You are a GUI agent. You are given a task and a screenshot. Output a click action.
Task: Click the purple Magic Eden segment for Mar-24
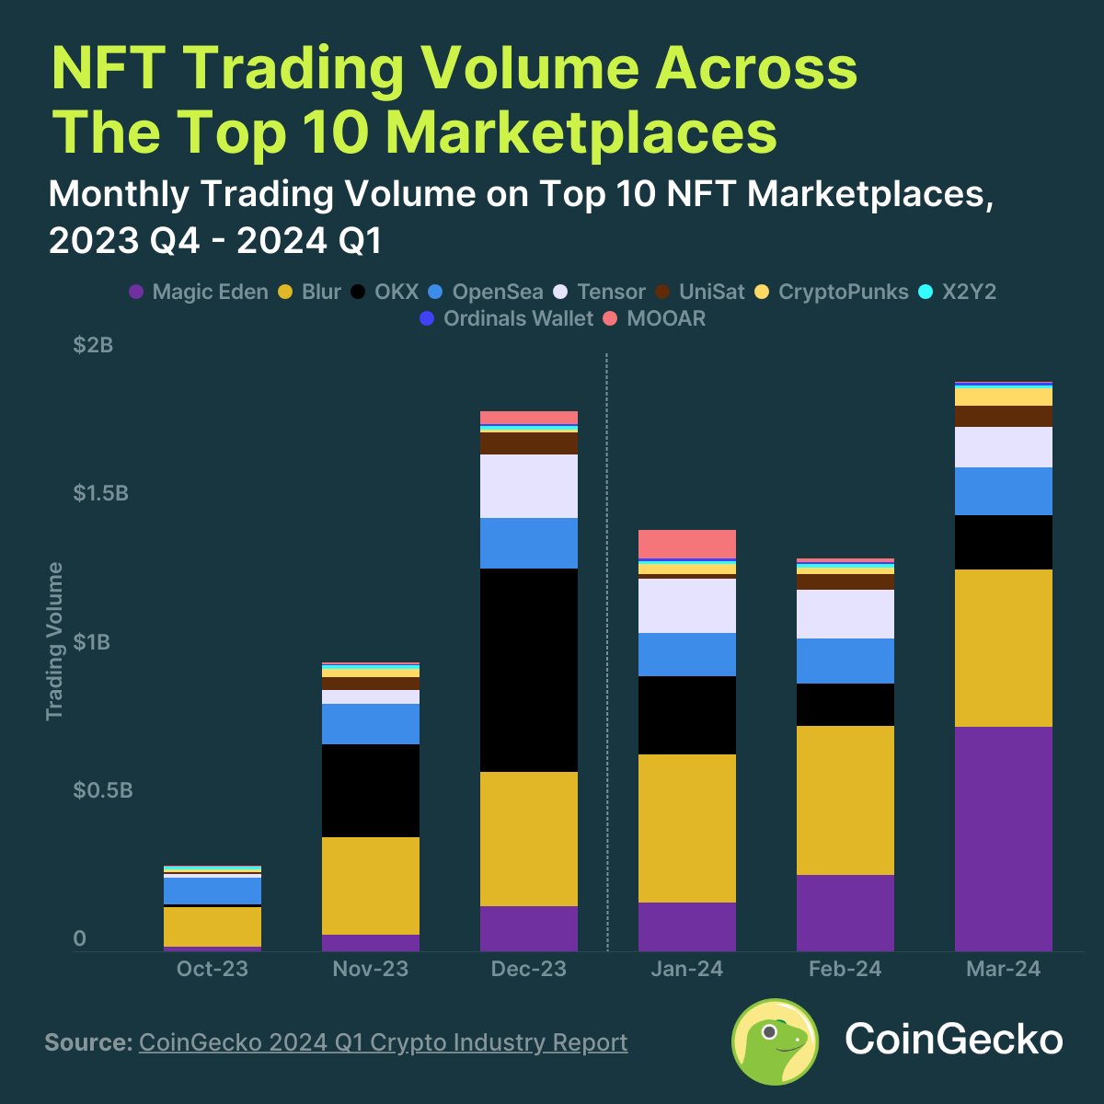tap(1003, 838)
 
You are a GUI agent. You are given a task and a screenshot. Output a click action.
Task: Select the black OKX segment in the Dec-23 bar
tap(529, 670)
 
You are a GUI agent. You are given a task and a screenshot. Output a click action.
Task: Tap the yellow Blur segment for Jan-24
tap(687, 828)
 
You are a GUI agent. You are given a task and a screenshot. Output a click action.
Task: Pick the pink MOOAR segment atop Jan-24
tap(687, 544)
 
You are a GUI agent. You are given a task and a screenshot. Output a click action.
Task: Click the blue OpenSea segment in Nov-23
tap(371, 724)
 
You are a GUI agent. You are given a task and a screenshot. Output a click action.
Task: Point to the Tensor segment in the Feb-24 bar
tap(845, 614)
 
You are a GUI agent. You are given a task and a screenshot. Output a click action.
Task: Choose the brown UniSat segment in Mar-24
tap(1003, 416)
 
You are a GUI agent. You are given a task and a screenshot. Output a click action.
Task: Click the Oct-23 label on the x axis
tap(213, 969)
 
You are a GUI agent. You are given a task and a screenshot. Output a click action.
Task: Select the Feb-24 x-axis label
tap(845, 969)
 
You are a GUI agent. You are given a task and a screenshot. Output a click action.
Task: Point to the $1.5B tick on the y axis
tap(101, 494)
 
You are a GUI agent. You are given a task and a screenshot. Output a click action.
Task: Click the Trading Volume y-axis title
tap(55, 641)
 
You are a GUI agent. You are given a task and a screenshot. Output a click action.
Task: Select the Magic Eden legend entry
tap(199, 293)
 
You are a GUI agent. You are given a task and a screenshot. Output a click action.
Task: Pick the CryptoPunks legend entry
tap(832, 293)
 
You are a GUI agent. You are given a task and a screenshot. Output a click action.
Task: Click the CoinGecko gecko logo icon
tap(775, 1041)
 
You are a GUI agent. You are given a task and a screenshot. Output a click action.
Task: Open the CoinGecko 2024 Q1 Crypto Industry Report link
tap(383, 1042)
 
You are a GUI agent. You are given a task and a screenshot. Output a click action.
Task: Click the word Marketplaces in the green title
tap(581, 132)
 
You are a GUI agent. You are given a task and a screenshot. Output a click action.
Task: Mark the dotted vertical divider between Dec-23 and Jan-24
tap(607, 644)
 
